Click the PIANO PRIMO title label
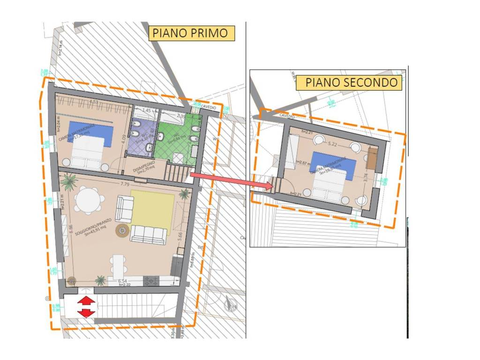tap(191, 33)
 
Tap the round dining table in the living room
tap(89, 201)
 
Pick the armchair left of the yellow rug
tap(124, 208)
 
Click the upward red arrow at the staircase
tap(86, 301)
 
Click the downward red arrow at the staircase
tap(86, 313)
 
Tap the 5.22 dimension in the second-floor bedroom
tap(333, 143)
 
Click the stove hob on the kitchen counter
tap(152, 281)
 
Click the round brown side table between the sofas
tap(123, 230)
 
